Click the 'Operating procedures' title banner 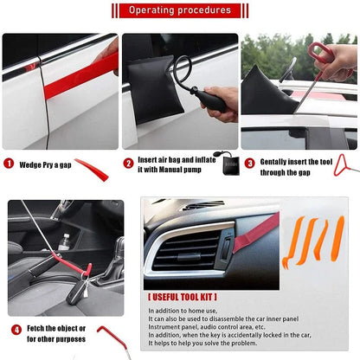tap(180, 10)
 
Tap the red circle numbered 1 tap(9, 163)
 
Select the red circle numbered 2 tap(128, 163)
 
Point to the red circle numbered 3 tap(249, 163)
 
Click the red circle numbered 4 tap(16, 330)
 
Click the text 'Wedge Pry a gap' tap(44, 163)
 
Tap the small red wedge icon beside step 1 tap(92, 170)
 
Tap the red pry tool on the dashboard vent tap(256, 233)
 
